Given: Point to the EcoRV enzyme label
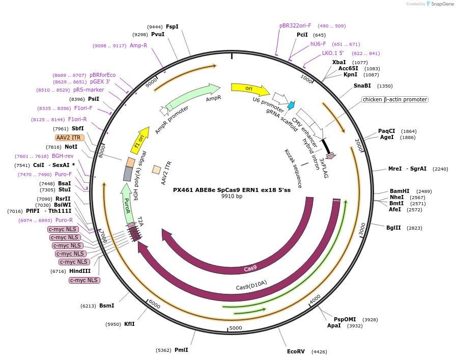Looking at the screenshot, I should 296,351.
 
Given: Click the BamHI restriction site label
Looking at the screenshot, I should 400,191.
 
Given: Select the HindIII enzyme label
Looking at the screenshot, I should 80,271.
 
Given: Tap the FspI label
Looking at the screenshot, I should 172,26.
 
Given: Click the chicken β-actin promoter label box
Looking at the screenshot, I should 395,99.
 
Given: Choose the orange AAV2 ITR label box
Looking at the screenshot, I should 69,137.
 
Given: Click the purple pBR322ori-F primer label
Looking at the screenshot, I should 295,25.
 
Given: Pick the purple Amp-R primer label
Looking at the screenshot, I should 138,45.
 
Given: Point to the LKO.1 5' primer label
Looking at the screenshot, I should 333,53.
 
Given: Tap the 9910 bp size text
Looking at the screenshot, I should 232,197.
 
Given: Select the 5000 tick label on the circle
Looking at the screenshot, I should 235,328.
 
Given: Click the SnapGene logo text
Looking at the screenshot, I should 442,4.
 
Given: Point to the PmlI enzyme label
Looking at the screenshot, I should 181,350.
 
